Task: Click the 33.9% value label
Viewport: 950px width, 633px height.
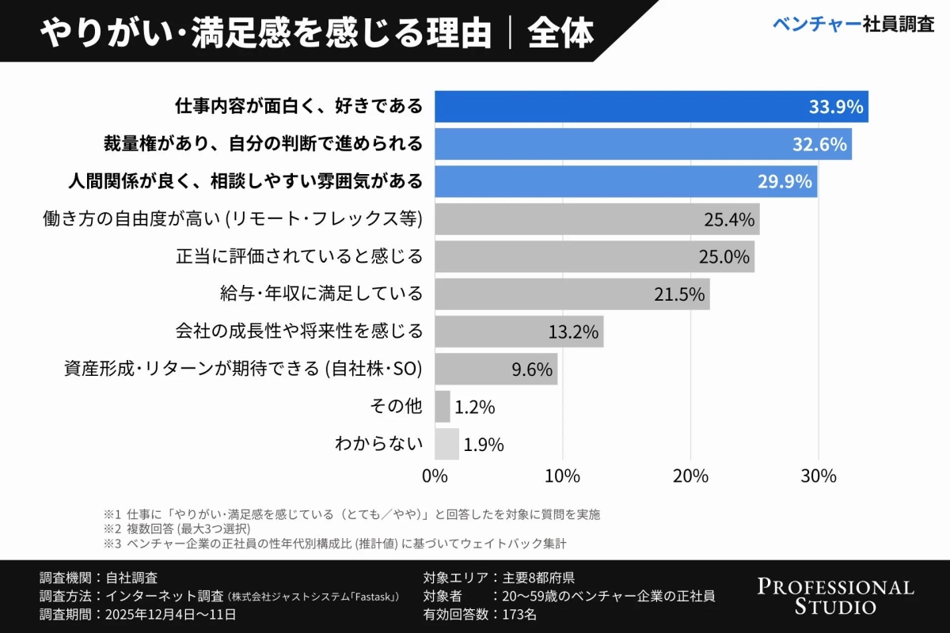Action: pos(835,107)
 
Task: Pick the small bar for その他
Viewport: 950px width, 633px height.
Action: pos(442,407)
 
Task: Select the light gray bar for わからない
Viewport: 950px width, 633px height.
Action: pos(446,444)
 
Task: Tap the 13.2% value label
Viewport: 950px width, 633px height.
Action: pos(573,332)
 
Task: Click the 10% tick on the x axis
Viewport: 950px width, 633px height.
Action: pos(562,476)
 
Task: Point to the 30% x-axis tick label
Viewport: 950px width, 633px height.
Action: pos(819,476)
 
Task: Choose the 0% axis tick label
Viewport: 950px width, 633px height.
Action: pos(435,476)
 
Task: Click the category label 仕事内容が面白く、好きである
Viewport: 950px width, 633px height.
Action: pos(298,106)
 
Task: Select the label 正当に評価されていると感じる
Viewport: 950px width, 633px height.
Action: pos(298,256)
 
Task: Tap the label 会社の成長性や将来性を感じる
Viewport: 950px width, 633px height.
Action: pos(298,332)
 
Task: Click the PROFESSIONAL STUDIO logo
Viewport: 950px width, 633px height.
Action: pos(835,597)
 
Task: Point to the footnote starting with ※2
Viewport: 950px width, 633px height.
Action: pos(177,529)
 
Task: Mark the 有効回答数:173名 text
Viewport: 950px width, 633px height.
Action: pos(480,614)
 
